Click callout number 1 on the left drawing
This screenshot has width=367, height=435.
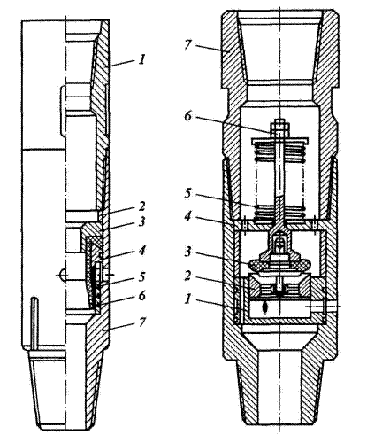click(x=142, y=60)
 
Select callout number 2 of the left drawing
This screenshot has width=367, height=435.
click(x=142, y=206)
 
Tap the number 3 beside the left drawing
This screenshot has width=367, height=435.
click(x=142, y=221)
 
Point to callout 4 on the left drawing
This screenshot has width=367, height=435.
click(x=142, y=251)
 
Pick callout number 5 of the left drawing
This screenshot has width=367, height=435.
click(x=142, y=277)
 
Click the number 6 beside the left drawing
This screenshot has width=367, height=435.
click(x=142, y=295)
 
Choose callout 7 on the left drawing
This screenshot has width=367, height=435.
click(x=142, y=322)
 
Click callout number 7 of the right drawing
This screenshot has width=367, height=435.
click(x=188, y=44)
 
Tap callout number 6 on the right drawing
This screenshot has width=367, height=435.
click(x=188, y=116)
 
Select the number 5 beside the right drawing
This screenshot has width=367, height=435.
click(x=188, y=193)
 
